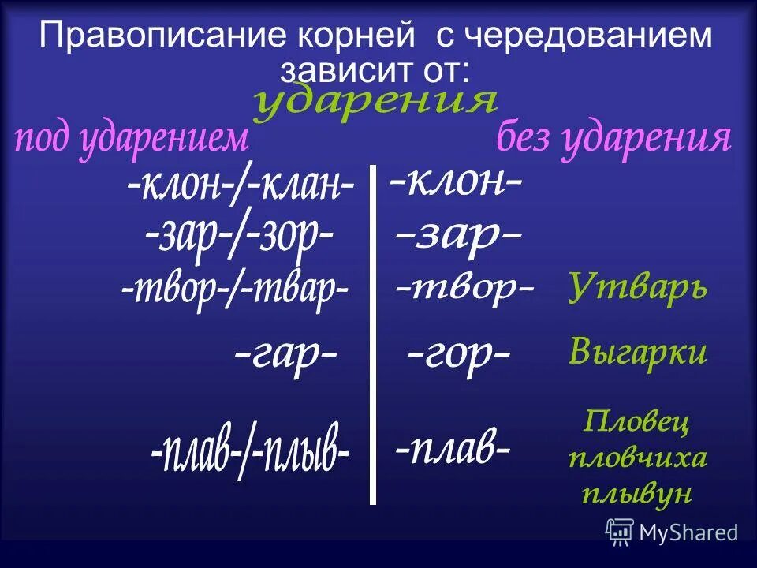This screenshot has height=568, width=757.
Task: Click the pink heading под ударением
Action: (x=132, y=140)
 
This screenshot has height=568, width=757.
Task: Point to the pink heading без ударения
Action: (x=613, y=140)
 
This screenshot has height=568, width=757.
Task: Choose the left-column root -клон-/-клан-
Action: (x=241, y=186)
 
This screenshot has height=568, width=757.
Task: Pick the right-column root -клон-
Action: (x=456, y=184)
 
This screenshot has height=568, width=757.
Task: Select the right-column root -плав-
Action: (x=453, y=449)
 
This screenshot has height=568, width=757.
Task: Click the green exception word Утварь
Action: (x=638, y=288)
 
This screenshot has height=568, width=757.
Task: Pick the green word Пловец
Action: (x=636, y=422)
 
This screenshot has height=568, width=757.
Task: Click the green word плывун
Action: (x=636, y=493)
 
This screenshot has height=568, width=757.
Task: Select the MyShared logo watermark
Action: (x=672, y=532)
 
